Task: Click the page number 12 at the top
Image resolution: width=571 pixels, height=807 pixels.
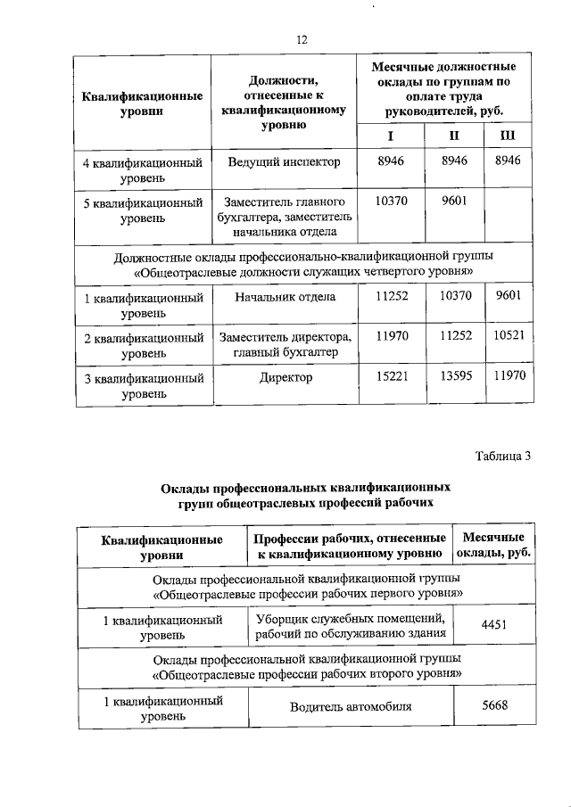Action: (301, 39)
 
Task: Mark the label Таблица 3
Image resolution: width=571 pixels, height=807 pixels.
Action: (501, 457)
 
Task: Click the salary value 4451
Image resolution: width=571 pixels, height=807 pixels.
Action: (493, 626)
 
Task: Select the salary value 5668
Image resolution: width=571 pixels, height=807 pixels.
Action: (493, 705)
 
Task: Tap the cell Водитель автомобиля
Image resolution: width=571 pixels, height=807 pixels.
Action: (351, 707)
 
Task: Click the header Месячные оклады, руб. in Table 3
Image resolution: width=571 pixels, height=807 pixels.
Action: (493, 546)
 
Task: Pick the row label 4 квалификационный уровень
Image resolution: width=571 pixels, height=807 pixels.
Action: (143, 170)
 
